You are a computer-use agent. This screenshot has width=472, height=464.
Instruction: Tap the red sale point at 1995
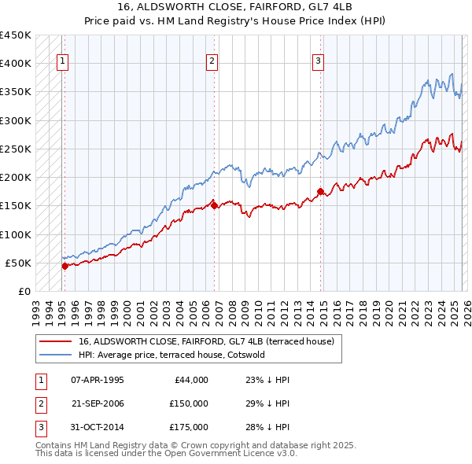65,266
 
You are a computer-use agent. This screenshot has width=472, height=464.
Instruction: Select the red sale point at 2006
215,206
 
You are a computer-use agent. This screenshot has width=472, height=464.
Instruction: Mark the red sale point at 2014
320,191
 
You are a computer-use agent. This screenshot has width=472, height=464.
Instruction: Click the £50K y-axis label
19,263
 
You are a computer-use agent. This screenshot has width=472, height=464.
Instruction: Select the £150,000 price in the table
188,403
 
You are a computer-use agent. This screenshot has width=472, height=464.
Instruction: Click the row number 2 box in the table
40,403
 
